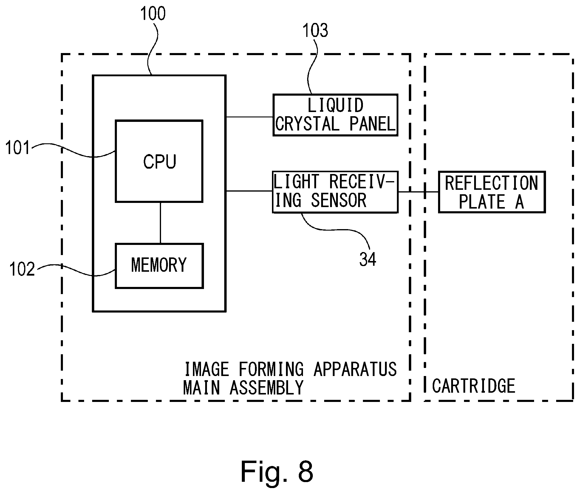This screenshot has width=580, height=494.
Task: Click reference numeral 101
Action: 18,148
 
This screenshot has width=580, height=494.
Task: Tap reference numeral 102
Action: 22,269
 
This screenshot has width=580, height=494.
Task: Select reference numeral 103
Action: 315,30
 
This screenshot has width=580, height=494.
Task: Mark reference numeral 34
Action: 368,259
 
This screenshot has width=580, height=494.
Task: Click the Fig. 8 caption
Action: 277,471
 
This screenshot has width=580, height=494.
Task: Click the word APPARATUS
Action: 355,369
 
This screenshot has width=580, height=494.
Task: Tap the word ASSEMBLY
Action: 267,388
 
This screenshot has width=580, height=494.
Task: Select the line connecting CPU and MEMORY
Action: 160,223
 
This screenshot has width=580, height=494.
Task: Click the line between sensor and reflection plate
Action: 418,192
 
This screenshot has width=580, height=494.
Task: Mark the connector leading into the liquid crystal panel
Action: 249,117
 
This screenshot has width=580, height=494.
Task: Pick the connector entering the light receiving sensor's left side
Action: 249,191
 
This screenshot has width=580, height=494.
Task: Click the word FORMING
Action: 271,369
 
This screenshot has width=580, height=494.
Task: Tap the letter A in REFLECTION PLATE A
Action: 519,202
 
